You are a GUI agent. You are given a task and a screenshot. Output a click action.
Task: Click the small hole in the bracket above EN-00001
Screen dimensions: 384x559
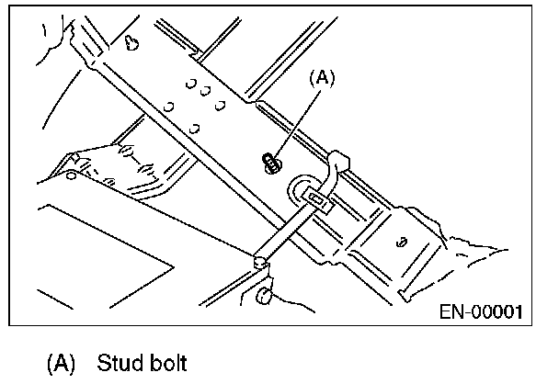(x=403, y=243)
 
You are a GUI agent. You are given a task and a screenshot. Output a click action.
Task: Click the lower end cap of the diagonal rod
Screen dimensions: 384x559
(x=260, y=262)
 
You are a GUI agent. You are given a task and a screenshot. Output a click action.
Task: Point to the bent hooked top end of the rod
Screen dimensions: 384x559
(x=337, y=163)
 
